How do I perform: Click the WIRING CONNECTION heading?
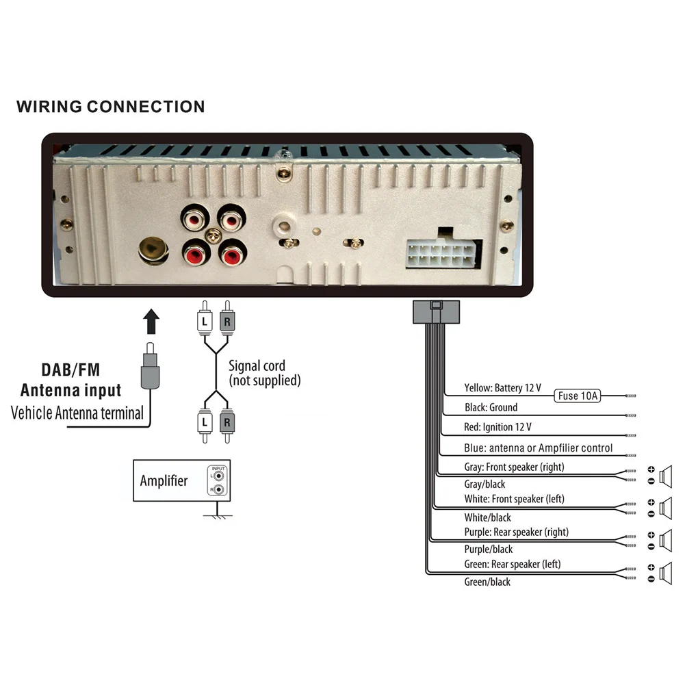click(110, 107)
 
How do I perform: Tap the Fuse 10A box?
click(578, 396)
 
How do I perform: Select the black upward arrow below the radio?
click(152, 322)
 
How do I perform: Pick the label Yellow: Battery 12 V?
click(502, 388)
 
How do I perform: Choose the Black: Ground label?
click(491, 407)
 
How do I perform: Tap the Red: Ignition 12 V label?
click(497, 427)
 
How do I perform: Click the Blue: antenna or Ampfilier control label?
click(538, 448)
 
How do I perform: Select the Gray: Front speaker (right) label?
click(514, 467)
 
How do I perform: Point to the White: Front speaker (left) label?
click(514, 499)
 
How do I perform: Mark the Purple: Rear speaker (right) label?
click(516, 532)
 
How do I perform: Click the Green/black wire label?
click(487, 582)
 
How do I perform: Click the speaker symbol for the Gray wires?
click(667, 474)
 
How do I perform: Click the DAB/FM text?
click(70, 370)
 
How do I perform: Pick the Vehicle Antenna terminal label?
click(77, 413)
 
